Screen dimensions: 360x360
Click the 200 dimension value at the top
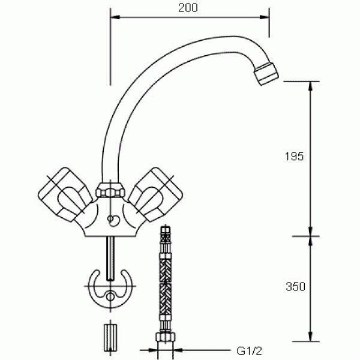point(188,8)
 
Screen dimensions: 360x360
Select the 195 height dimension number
point(295,156)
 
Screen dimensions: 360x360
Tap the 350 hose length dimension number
point(296,287)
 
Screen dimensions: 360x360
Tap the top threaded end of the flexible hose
point(166,233)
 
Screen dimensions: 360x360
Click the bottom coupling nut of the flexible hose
point(165,338)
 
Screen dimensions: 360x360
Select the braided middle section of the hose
point(165,282)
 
